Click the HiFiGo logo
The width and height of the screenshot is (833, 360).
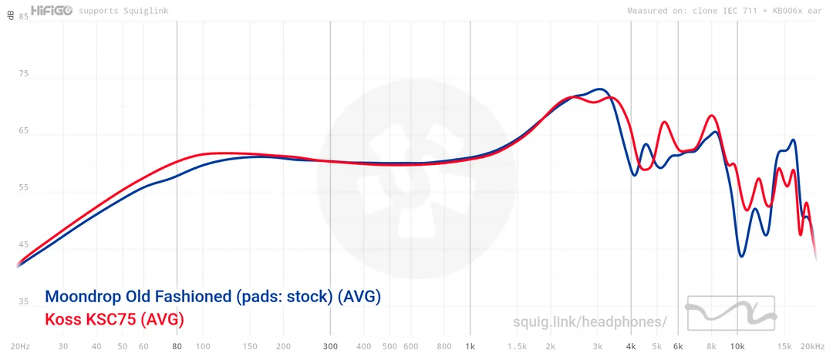(x=51, y=10)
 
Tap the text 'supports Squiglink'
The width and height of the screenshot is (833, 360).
(x=122, y=11)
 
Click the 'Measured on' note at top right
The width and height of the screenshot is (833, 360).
(x=725, y=11)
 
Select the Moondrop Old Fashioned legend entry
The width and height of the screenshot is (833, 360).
(x=213, y=297)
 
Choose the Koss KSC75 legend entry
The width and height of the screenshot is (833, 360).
(x=114, y=318)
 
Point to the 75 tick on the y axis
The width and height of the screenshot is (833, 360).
(x=23, y=74)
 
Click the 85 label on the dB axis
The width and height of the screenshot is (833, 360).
(x=23, y=16)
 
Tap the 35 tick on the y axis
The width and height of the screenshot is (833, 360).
(x=23, y=301)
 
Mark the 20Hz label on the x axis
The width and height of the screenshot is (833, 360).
(x=20, y=347)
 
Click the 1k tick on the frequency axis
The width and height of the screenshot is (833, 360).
(x=470, y=347)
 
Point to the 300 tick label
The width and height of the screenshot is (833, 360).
(x=330, y=347)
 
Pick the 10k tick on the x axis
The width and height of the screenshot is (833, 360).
(x=738, y=347)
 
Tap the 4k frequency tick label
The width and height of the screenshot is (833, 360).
(x=631, y=347)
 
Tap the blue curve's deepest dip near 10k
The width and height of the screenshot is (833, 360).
(x=742, y=256)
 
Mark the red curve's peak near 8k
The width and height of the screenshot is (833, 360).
(x=712, y=116)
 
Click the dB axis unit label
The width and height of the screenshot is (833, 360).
(x=10, y=16)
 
